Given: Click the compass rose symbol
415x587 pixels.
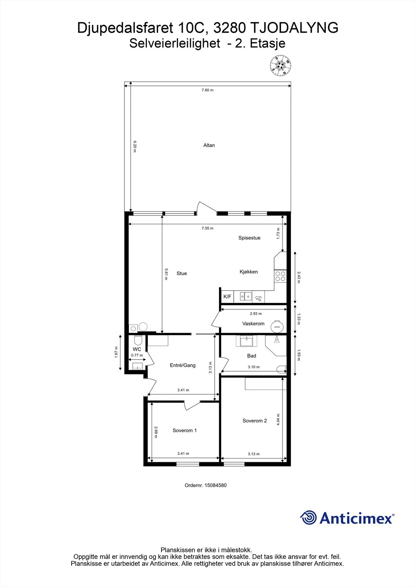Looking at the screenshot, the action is [280, 66].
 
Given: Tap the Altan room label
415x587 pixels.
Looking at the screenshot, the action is [209, 145].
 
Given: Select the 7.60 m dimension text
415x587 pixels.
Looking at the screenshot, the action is [207, 90].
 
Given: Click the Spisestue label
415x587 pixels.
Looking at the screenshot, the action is [249, 238].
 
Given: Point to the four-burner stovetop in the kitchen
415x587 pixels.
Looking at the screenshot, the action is [280, 277].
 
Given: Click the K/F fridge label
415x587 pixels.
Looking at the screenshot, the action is [227, 297].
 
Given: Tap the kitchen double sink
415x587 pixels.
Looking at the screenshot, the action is [246, 296].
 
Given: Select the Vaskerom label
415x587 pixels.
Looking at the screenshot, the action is [253, 324].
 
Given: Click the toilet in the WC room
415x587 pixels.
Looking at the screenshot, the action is [138, 340].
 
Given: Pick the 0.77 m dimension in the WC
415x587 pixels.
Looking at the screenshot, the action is [137, 356].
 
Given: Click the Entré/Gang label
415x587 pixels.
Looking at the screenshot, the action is [183, 365].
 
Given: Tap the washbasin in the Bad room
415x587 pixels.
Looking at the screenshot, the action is [247, 342].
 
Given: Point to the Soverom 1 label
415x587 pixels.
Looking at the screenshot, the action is [185, 430].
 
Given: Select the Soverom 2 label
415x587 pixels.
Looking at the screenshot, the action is [255, 420].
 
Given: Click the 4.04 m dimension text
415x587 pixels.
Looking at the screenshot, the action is [278, 419].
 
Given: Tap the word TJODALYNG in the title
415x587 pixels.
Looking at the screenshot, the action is [294, 28].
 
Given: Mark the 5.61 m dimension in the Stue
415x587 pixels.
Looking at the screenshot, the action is [166, 274].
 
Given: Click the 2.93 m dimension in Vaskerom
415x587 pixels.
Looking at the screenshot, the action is [256, 313].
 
